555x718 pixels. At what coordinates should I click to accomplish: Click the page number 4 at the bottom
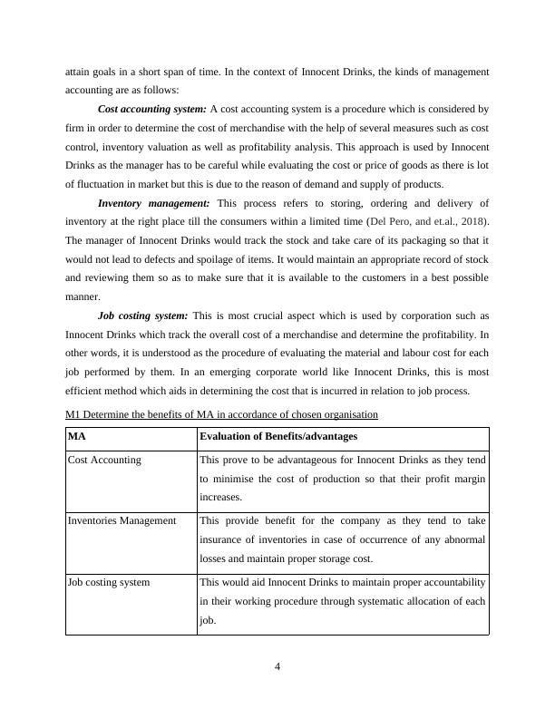click(277, 668)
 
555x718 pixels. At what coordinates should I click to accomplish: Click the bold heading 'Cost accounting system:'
click(151, 109)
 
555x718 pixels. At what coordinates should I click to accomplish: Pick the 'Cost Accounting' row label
click(104, 460)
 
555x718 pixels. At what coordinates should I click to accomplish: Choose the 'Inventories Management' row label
click(122, 520)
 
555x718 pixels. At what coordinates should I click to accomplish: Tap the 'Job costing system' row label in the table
click(109, 582)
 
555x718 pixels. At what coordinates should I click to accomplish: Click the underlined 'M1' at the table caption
click(74, 414)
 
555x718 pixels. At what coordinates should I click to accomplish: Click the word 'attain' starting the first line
click(77, 71)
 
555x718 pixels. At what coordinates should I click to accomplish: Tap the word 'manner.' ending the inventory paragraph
click(83, 296)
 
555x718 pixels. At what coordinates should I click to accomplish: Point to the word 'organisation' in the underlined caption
click(349, 414)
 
